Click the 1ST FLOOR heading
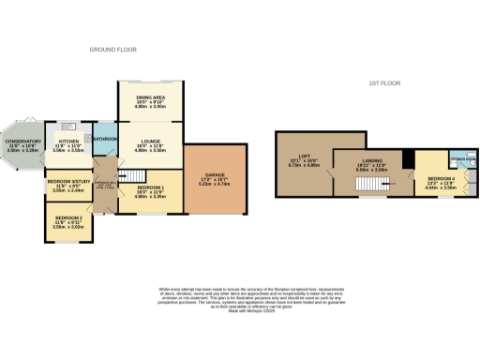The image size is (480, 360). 383,83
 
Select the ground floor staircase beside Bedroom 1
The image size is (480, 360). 135,176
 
